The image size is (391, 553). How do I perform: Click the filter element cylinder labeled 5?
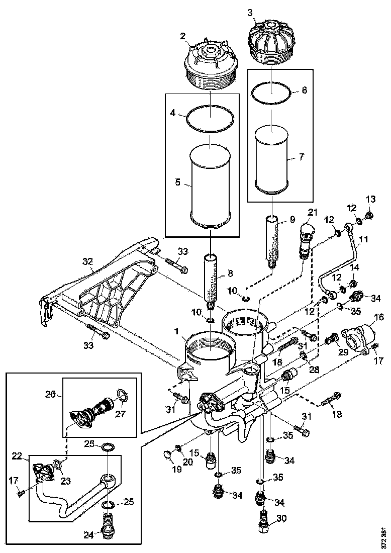click(x=210, y=186)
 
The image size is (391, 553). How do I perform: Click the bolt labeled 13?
click(x=369, y=216)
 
